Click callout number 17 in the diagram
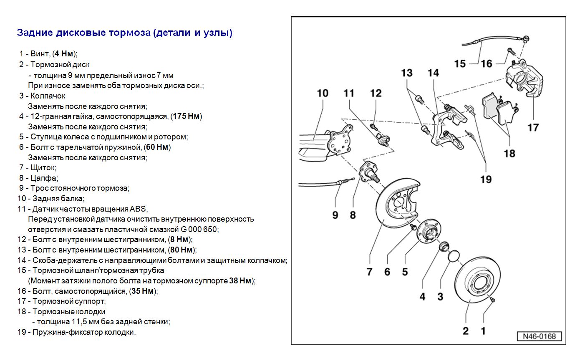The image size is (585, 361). pyautogui.click(x=533, y=127)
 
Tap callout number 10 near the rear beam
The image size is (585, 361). pyautogui.click(x=323, y=93)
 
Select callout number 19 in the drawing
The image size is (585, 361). pyautogui.click(x=486, y=179)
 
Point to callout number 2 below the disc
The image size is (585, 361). pyautogui.click(x=466, y=331)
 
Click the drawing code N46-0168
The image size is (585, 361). pyautogui.click(x=540, y=336)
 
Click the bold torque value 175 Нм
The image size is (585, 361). pyautogui.click(x=186, y=116)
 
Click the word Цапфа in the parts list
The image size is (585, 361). pyautogui.click(x=43, y=178)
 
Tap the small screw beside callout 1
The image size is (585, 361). pyautogui.click(x=493, y=300)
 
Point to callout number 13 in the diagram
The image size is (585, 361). pyautogui.click(x=406, y=73)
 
